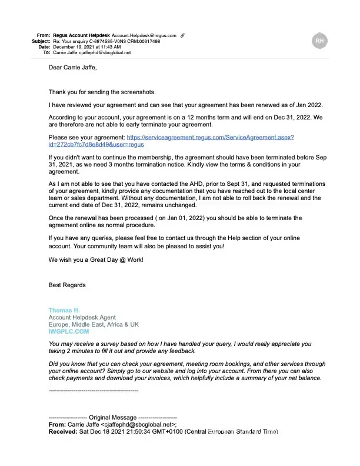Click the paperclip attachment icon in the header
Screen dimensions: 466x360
click(x=182, y=35)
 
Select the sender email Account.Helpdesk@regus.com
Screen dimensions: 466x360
click(x=144, y=35)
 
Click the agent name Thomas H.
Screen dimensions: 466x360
click(x=64, y=310)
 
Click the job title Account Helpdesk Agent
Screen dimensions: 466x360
click(x=82, y=317)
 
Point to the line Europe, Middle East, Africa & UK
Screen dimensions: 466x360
click(x=94, y=324)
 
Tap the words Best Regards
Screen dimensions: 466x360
click(x=67, y=285)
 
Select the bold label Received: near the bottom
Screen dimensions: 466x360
click(x=62, y=431)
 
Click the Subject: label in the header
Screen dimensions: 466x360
click(x=41, y=41)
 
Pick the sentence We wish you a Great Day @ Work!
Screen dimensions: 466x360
click(x=95, y=259)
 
